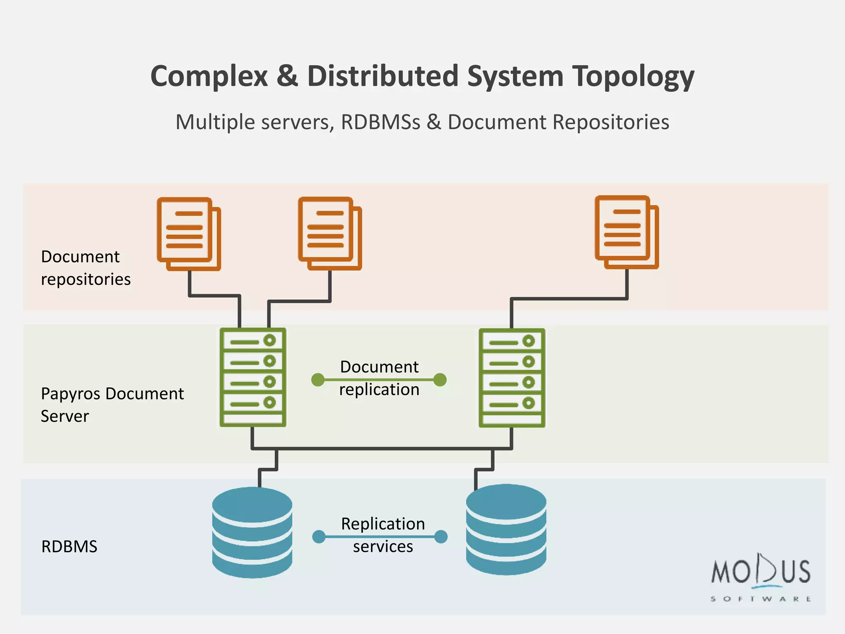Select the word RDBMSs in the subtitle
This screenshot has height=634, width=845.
click(x=380, y=122)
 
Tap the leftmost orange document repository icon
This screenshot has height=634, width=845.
click(x=189, y=234)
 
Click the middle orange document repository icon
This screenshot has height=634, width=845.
click(x=330, y=233)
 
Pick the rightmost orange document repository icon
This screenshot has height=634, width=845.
click(x=626, y=232)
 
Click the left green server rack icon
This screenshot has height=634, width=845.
click(x=253, y=377)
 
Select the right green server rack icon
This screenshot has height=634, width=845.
click(x=512, y=378)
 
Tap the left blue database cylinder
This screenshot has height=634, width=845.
click(x=252, y=532)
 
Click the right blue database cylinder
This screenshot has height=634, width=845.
click(x=506, y=530)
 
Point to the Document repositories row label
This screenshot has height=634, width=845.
click(x=85, y=268)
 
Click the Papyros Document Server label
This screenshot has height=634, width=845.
click(x=112, y=405)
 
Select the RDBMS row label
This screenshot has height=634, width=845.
click(x=69, y=546)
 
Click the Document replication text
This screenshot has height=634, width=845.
click(x=379, y=378)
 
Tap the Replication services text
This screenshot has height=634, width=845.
click(x=382, y=535)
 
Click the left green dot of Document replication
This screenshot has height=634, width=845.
click(x=318, y=380)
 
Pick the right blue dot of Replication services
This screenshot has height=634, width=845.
click(x=441, y=537)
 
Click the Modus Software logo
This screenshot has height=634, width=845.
click(x=761, y=578)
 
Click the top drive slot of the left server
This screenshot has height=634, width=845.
click(x=253, y=341)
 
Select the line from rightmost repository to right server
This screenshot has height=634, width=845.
click(x=569, y=298)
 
